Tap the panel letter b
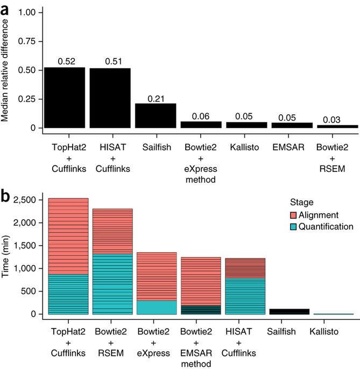(8, 196)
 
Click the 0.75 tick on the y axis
(27, 41)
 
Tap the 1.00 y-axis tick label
(27, 12)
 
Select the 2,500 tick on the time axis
(25, 200)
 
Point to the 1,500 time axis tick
(25, 246)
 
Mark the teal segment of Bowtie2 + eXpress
(157, 307)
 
